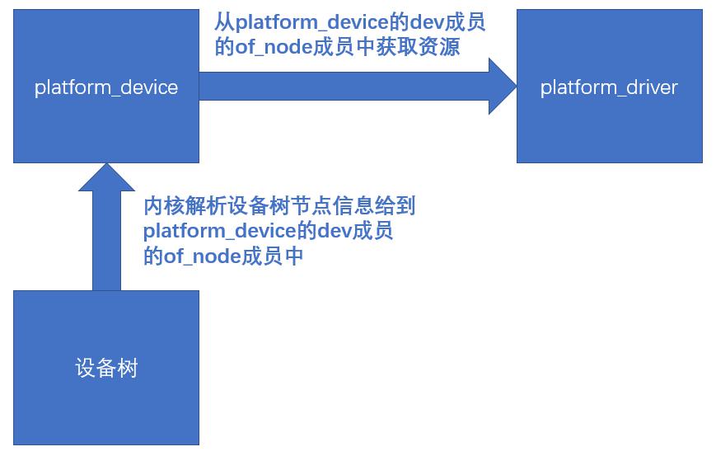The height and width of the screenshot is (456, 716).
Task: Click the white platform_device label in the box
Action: point(106,87)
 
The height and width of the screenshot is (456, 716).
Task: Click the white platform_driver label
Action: point(609,87)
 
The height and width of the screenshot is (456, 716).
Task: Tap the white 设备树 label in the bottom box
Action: point(106,368)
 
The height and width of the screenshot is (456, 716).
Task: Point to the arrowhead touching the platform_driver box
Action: point(503,86)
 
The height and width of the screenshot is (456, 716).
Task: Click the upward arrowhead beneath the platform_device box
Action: point(106,177)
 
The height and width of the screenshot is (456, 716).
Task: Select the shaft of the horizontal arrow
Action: point(344,86)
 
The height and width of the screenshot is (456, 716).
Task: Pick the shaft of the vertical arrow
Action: point(106,240)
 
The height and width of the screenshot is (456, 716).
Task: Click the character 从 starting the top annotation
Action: point(225,22)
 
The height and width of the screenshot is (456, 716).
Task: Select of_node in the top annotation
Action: point(273,47)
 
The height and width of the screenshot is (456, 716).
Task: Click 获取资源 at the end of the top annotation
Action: point(418,47)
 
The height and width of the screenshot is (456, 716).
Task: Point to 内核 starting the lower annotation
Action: point(164,206)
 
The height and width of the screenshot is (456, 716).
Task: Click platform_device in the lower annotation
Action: point(220,231)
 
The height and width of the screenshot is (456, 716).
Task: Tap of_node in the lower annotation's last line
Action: point(202,256)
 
